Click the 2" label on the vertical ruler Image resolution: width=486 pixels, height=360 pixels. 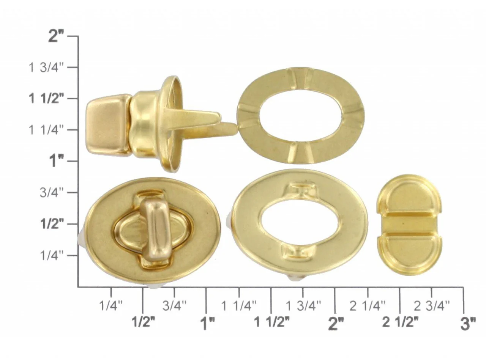(x=56, y=36)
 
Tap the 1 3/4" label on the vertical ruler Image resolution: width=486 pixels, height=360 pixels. (x=46, y=68)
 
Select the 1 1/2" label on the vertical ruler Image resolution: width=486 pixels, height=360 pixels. (x=46, y=99)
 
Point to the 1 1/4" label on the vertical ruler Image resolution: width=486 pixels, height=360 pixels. (x=46, y=130)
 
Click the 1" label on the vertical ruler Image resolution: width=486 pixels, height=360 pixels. (x=57, y=161)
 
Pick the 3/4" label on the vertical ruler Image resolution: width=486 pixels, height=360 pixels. (x=52, y=193)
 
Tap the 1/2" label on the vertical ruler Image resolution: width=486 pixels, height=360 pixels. (x=52, y=224)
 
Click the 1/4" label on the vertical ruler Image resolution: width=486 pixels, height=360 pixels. (x=52, y=256)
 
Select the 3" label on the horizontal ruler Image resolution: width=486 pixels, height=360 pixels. (x=468, y=324)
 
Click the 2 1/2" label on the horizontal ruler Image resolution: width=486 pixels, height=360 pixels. (x=400, y=322)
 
